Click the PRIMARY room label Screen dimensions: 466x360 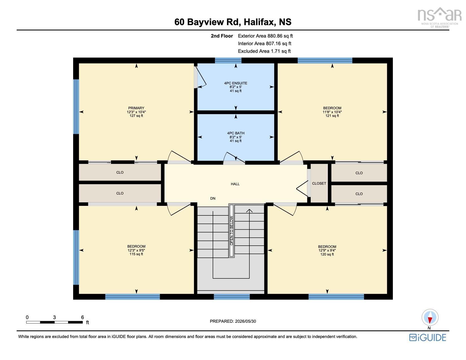[x=136, y=108]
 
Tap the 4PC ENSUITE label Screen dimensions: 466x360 [x=236, y=83]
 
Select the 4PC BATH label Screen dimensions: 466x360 [x=236, y=133]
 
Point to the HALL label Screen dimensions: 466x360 [x=235, y=184]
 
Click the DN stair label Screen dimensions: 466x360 [x=213, y=198]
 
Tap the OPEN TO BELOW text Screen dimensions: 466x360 [x=231, y=231]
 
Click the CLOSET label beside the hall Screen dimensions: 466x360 [x=319, y=183]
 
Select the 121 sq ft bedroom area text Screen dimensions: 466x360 [x=332, y=115]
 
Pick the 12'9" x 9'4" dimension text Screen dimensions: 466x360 [x=327, y=250]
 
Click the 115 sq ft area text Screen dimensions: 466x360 [x=136, y=254]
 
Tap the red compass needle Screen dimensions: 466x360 [x=430, y=320]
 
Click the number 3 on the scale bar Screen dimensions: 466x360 [x=55, y=317]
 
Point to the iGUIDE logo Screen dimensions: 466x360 [x=428, y=337]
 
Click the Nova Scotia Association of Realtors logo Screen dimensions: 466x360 [x=439, y=18]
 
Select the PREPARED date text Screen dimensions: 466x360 [x=233, y=321]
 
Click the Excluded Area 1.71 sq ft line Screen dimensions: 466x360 [x=264, y=51]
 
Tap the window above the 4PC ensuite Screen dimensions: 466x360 [x=228, y=60]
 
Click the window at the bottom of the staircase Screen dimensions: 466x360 [x=232, y=296]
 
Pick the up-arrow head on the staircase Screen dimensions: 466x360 [x=249, y=211]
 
